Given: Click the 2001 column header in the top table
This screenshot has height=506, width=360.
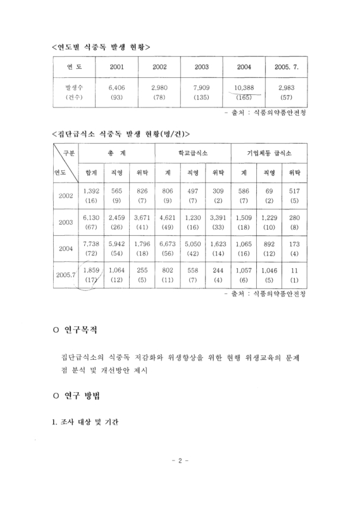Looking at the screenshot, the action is pyautogui.click(x=116, y=66).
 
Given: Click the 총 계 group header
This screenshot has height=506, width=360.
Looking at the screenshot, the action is pyautogui.click(x=116, y=153).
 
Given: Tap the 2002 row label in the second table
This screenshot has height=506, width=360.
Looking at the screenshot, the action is pyautogui.click(x=66, y=195).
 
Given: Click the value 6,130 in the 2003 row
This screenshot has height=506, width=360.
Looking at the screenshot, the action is pyautogui.click(x=92, y=218).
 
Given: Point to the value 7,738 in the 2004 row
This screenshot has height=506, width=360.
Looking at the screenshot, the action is pyautogui.click(x=92, y=244).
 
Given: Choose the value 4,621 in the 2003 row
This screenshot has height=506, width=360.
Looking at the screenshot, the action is pyautogui.click(x=168, y=218).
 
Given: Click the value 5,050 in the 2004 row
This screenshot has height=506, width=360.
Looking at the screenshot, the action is pyautogui.click(x=193, y=244).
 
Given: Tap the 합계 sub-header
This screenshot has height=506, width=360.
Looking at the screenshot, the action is pyautogui.click(x=92, y=172).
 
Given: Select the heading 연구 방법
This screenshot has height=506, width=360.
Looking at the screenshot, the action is pyautogui.click(x=83, y=396).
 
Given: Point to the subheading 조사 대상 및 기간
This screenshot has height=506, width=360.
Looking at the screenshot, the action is pyautogui.click(x=87, y=421).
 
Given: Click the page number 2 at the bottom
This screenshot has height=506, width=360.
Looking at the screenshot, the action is pyautogui.click(x=180, y=478).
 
